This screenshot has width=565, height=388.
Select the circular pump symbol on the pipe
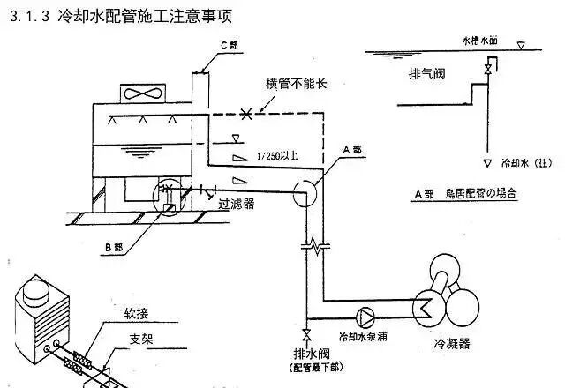click(x=365, y=315)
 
